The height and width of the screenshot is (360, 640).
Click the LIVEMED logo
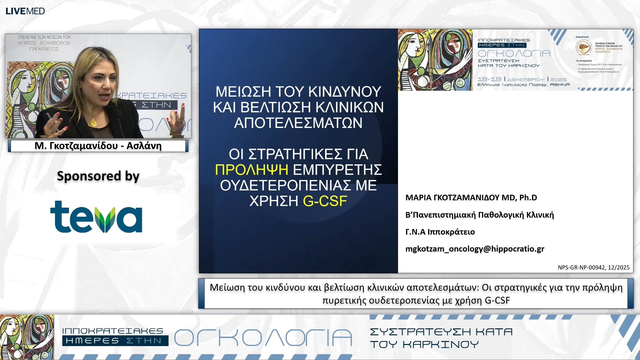point(25,11)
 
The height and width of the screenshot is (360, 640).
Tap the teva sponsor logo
point(96,217)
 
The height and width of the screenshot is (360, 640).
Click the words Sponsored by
point(98,176)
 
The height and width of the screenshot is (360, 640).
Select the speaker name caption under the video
point(98,146)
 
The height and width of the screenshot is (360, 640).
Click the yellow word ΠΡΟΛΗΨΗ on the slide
point(251,170)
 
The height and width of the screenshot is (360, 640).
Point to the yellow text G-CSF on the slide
point(325,201)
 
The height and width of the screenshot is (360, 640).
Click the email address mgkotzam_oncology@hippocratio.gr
point(475,249)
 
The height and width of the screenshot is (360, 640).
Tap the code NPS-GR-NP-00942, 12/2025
point(593,267)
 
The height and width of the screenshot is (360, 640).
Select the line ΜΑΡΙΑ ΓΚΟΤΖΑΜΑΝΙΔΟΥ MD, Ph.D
point(471,198)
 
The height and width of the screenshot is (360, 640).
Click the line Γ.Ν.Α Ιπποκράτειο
point(440,232)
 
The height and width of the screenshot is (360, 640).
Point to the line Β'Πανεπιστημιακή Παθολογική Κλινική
point(479,215)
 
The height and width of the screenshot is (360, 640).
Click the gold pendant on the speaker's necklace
point(94,122)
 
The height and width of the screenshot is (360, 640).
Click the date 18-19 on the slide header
point(489,79)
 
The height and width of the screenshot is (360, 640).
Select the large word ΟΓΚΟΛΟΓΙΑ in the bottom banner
point(263,338)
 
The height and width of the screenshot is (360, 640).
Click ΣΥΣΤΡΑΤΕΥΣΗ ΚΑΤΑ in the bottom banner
point(441,332)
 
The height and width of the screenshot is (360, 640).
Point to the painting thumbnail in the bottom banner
point(27,337)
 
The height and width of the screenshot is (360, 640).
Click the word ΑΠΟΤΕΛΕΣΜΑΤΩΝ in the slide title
point(298,123)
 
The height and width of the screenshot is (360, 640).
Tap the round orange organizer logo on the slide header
point(583,47)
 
